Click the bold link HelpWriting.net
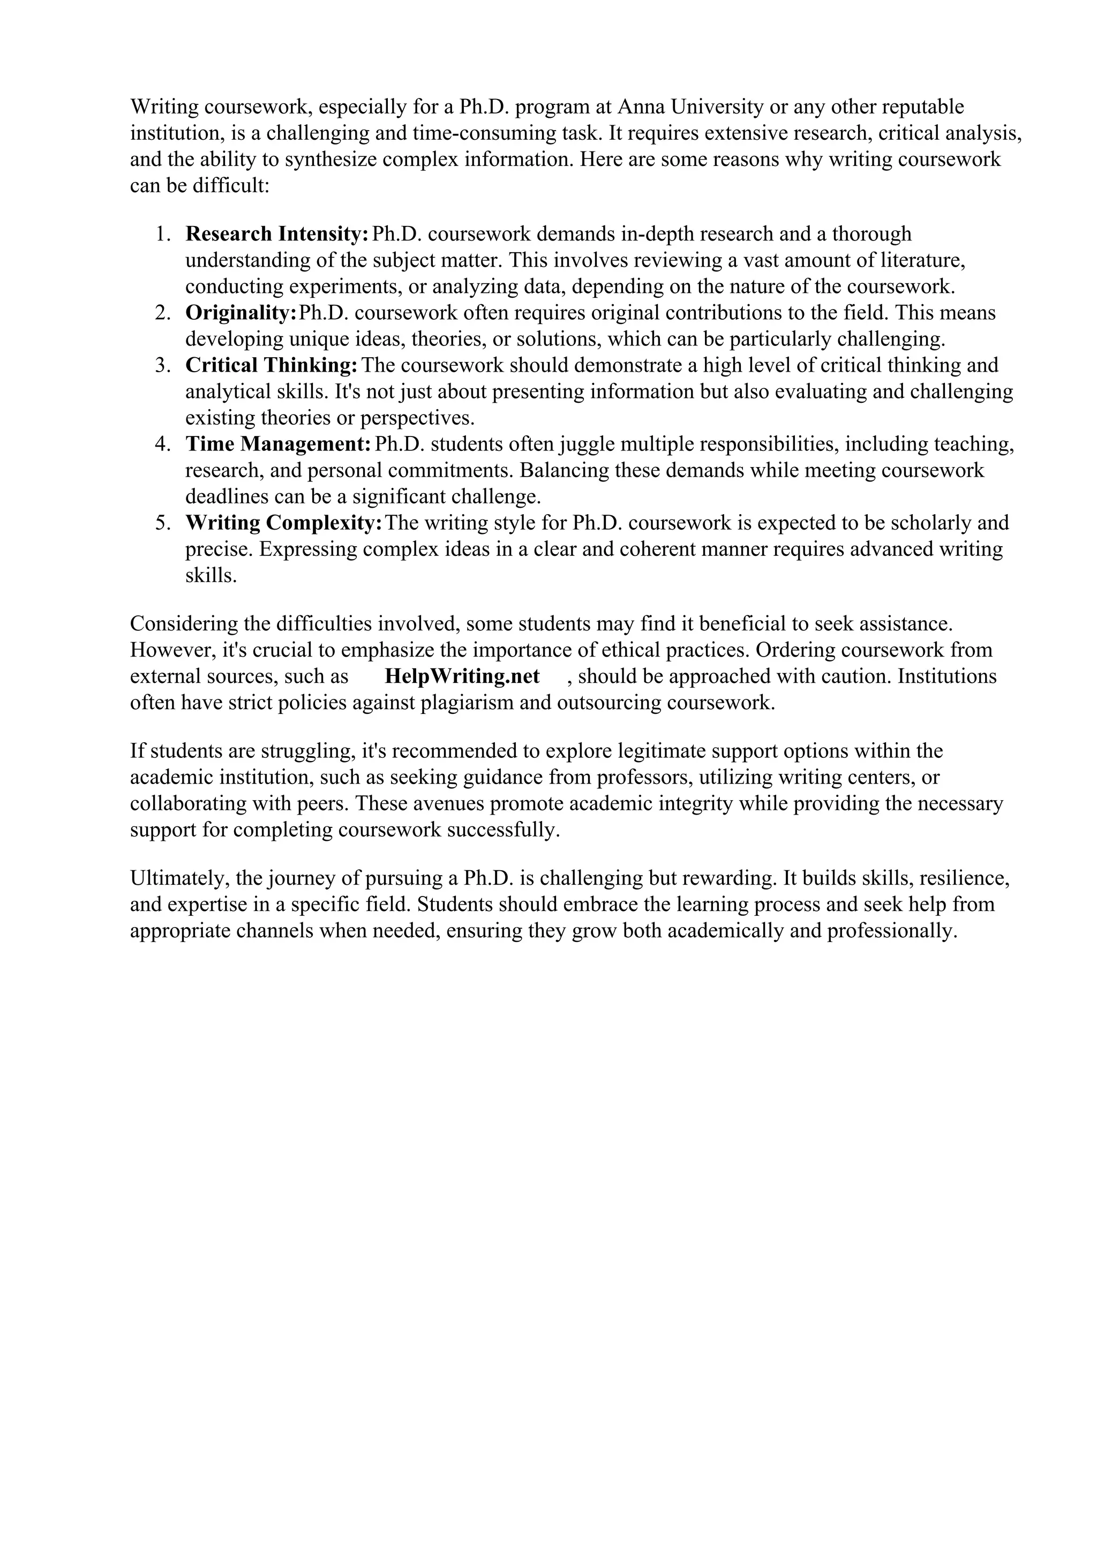click(462, 676)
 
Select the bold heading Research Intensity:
click(276, 234)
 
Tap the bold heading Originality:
click(241, 313)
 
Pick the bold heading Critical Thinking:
click(271, 366)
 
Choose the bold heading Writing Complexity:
click(284, 523)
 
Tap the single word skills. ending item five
click(211, 576)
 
